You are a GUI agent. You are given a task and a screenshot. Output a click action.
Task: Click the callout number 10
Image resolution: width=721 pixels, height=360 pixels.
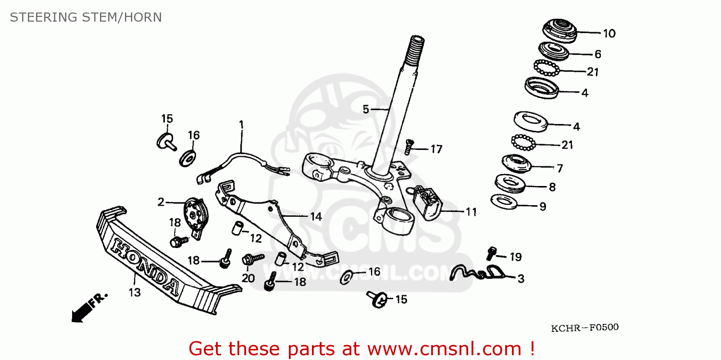coord(609,34)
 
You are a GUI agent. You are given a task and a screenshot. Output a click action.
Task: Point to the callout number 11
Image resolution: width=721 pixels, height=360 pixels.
coord(471,211)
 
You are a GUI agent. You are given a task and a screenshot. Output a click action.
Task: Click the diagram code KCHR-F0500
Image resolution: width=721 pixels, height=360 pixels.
coord(584,328)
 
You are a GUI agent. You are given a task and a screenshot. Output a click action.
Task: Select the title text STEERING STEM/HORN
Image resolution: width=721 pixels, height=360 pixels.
coord(86,17)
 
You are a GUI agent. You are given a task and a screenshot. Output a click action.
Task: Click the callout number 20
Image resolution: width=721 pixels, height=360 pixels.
coord(248,278)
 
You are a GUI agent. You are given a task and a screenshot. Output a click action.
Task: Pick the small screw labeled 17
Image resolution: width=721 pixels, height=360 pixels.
coord(409,145)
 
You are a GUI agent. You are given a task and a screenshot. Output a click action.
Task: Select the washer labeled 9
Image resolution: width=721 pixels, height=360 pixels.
coord(504,201)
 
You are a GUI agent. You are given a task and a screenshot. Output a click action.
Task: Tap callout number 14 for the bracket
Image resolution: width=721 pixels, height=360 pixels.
coord(315,217)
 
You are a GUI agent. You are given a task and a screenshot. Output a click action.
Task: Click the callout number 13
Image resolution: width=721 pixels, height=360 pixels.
coord(135,292)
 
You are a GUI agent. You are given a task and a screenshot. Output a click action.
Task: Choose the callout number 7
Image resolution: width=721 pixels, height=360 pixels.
coord(559,169)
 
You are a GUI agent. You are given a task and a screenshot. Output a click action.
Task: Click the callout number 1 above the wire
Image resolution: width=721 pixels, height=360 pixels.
coord(241,125)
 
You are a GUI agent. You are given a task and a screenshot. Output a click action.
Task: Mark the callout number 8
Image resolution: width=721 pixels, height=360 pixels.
coord(552,187)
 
